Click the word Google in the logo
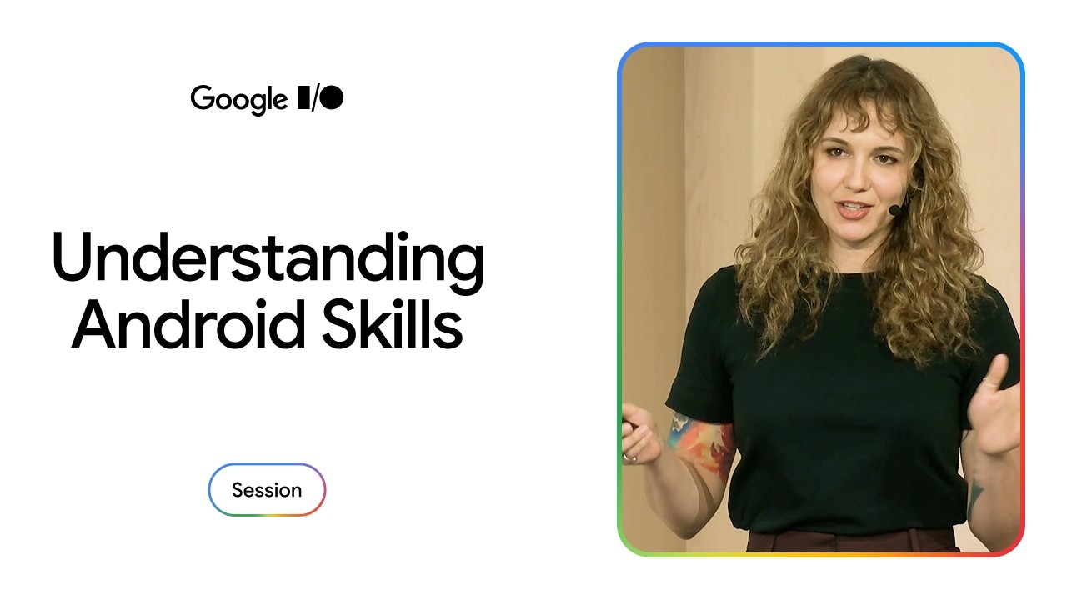238,99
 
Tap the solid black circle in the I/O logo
332,97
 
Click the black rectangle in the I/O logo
303,97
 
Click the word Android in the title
188,324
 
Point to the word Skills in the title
393,324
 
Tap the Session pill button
267,489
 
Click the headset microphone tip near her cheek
894,210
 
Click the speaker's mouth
854,209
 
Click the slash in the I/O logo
314,98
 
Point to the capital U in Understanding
72,257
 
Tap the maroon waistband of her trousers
853,541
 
